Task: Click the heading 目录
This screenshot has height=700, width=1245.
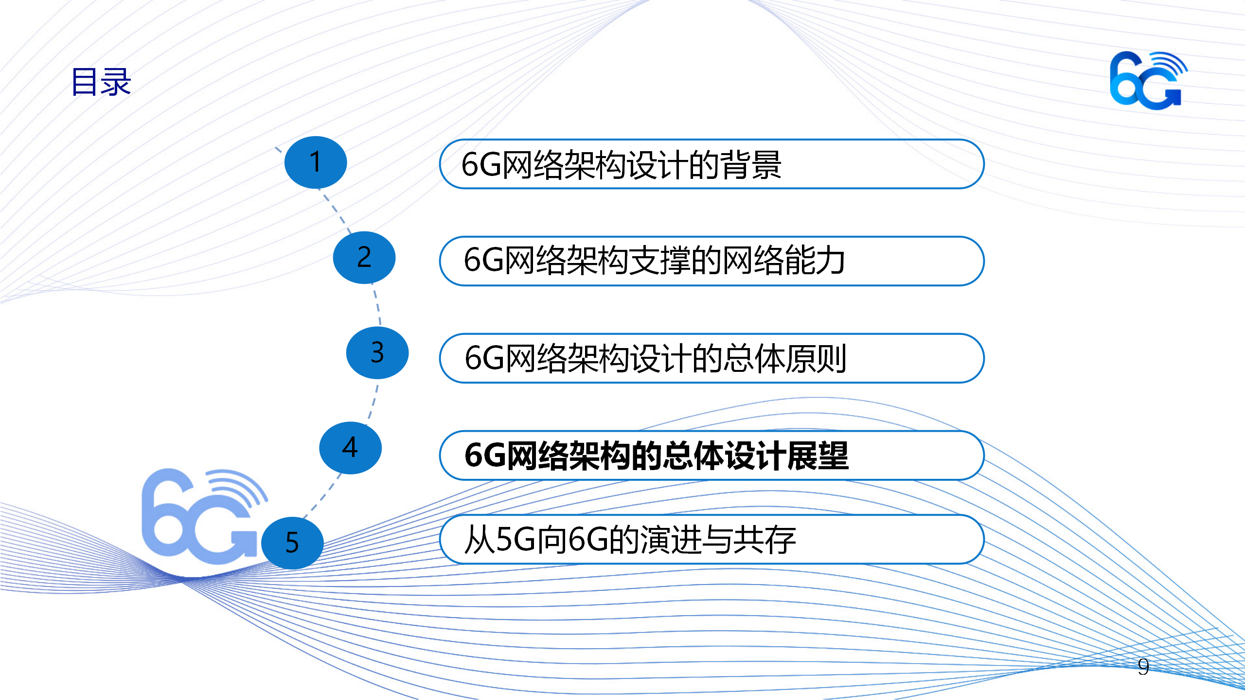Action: [x=101, y=82]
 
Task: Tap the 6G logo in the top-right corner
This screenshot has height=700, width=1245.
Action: [x=1148, y=80]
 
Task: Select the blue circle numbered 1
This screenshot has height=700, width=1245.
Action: [x=316, y=162]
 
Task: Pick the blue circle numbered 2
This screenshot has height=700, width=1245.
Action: [x=364, y=258]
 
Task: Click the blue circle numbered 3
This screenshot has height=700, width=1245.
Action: [x=377, y=353]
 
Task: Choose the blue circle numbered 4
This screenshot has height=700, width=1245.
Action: [x=350, y=448]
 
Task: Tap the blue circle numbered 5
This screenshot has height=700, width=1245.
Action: [x=292, y=543]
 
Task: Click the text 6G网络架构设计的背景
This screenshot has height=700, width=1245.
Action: [x=621, y=165]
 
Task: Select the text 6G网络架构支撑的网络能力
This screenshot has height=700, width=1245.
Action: [x=654, y=261]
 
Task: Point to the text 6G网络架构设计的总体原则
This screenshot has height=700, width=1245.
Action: [x=656, y=358]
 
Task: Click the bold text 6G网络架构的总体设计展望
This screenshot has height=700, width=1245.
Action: [x=657, y=455]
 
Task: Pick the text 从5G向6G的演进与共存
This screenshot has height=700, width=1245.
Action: [x=630, y=540]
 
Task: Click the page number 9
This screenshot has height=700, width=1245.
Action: [x=1143, y=666]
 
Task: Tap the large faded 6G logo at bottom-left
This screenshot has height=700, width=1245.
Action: [x=204, y=516]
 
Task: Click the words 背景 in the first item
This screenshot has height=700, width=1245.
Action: [x=750, y=165]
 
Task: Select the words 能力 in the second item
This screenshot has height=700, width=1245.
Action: [x=814, y=261]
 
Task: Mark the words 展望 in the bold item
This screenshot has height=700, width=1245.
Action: [x=818, y=455]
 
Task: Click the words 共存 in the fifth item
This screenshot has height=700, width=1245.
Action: [x=765, y=540]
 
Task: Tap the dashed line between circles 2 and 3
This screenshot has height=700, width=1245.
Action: [x=377, y=305]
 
